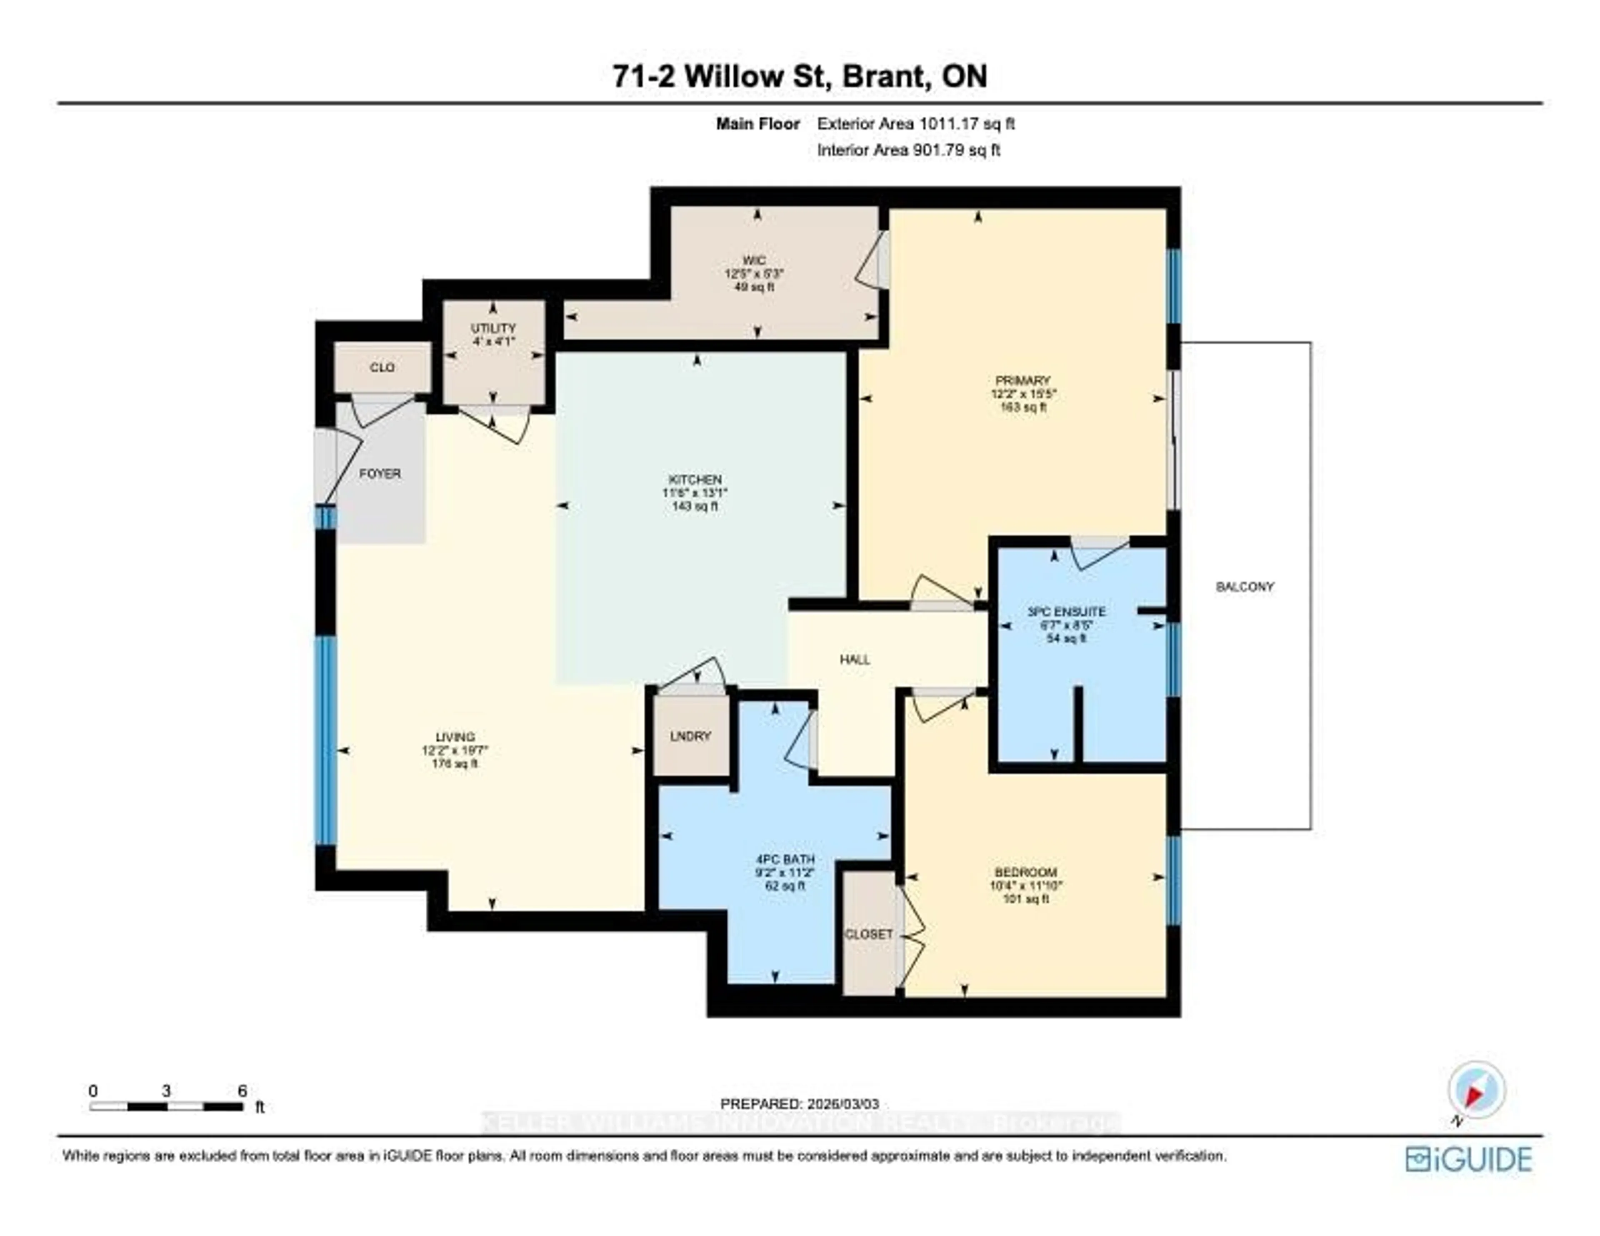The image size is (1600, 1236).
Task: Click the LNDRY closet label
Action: click(x=690, y=736)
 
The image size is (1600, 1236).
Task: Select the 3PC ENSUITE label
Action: click(x=1066, y=611)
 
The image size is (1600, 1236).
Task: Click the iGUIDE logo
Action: click(x=1468, y=1159)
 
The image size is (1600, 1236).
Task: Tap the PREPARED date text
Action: click(x=799, y=1104)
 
